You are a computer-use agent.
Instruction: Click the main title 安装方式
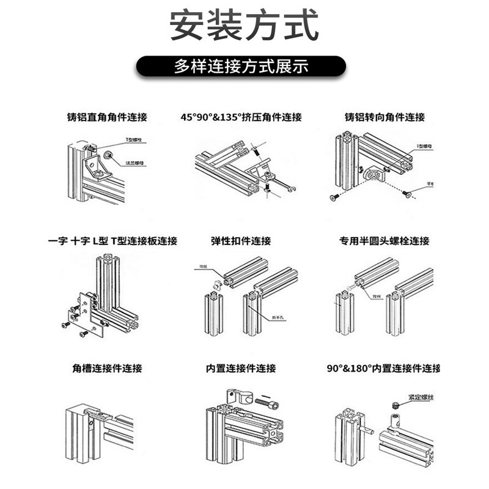point(244,26)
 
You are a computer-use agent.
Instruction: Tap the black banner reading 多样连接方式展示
point(244,67)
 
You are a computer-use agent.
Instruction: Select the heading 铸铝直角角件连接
point(108,117)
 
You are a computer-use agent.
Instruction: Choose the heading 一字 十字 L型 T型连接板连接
point(112,241)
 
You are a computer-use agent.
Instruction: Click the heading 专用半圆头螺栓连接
point(384,241)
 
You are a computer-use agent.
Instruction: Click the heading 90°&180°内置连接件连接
point(383,369)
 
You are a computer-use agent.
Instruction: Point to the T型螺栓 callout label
point(134,140)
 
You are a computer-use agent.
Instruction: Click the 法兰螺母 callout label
point(134,163)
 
